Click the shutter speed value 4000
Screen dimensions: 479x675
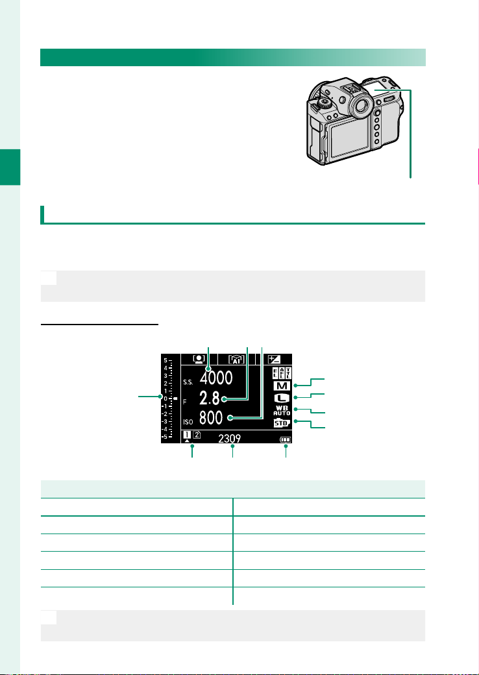tap(215, 378)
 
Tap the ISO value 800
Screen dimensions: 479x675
tap(211, 417)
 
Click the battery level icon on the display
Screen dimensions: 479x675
tap(285, 440)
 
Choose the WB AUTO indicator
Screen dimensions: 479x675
tap(282, 410)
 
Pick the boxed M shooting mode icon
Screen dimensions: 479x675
tap(282, 386)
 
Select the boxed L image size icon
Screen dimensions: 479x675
tap(282, 399)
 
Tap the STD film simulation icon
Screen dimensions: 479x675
tap(282, 423)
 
